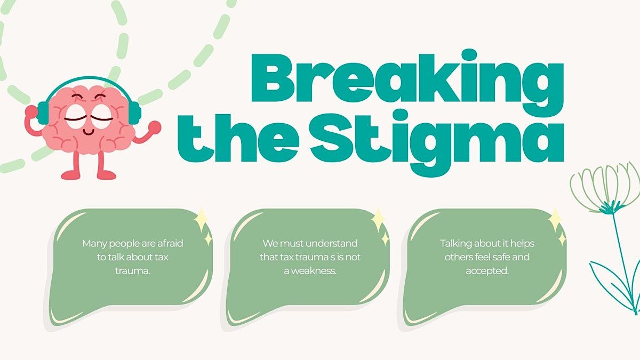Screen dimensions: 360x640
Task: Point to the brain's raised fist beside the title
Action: (155, 126)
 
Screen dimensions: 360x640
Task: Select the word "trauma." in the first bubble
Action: (132, 271)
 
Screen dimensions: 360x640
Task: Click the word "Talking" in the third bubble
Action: (455, 243)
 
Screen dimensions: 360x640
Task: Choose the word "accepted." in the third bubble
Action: (487, 271)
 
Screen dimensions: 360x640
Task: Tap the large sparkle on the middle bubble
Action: (378, 219)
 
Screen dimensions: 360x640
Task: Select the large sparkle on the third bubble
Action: (555, 219)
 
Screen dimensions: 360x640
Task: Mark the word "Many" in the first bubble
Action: (93, 243)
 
